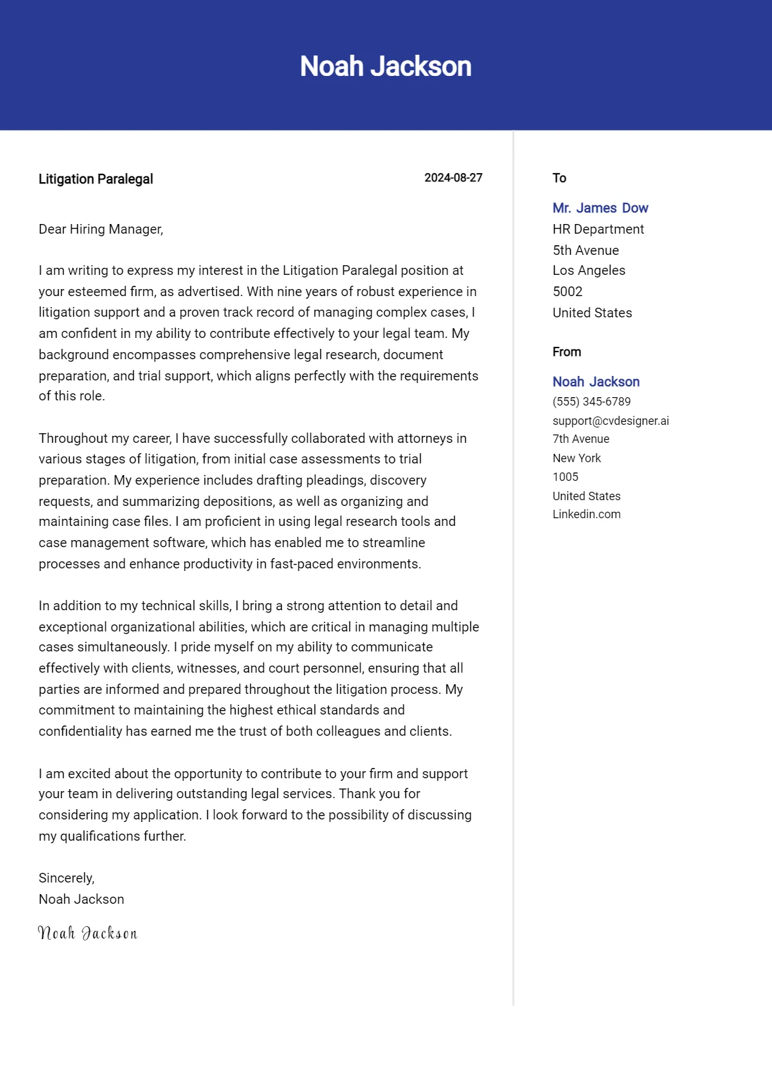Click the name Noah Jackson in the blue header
pos(385,66)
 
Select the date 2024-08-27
pos(453,178)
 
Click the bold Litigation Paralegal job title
pos(96,179)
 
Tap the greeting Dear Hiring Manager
pos(101,229)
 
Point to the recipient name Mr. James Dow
pos(600,208)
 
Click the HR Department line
pos(598,229)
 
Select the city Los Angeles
pos(589,270)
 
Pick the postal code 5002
pos(567,292)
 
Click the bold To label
pos(559,178)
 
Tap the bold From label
pos(566,352)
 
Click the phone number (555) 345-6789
pos(591,402)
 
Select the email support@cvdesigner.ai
pos(611,421)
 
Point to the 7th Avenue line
pos(580,439)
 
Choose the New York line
pos(576,458)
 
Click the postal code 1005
pos(565,477)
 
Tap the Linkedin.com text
pos(586,514)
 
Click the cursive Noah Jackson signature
pos(87,933)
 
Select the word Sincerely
pos(66,878)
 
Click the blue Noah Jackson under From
pos(596,382)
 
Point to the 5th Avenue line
pos(585,250)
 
